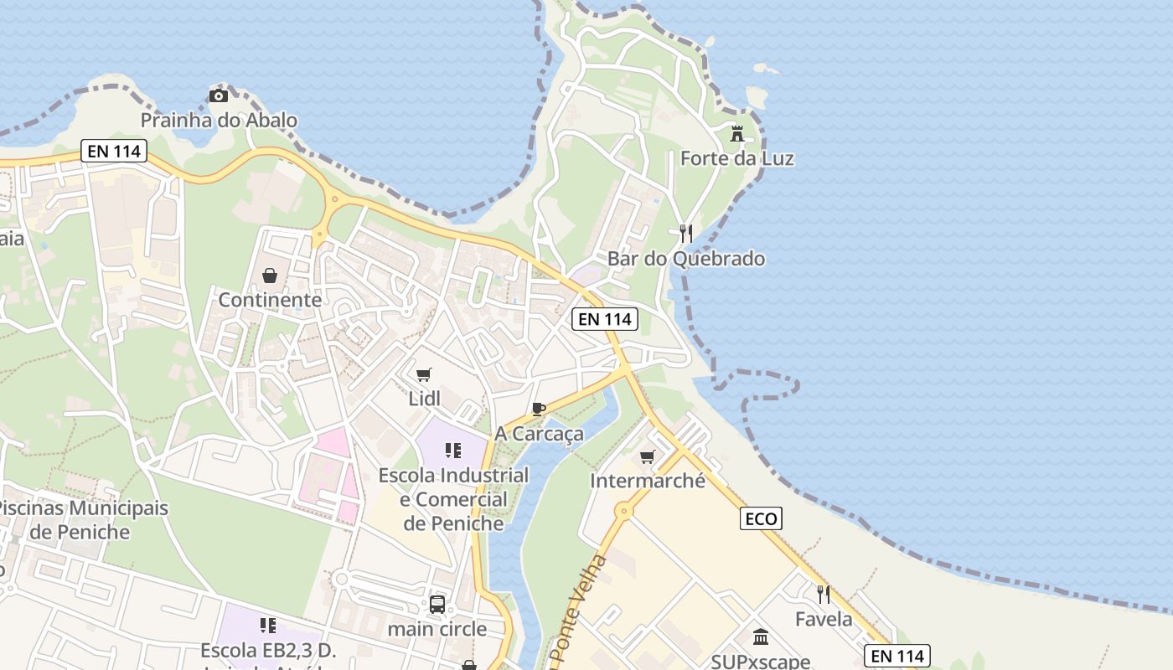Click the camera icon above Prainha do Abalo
point(218,96)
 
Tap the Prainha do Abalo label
point(219,121)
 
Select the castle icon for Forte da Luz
point(737,133)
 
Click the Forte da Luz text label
point(737,158)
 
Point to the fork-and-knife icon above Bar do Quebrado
point(686,233)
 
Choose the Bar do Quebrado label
point(686,259)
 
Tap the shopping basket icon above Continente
point(270,275)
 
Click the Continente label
point(270,300)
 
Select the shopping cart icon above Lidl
point(424,374)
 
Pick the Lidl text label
point(424,399)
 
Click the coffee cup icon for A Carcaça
point(539,409)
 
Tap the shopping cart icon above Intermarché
point(647,456)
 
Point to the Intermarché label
point(648,482)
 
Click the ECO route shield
point(761,518)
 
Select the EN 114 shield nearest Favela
point(897,656)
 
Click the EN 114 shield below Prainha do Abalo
point(114,152)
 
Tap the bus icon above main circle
point(437,604)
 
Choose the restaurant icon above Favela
point(824,595)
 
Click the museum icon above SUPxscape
point(761,637)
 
